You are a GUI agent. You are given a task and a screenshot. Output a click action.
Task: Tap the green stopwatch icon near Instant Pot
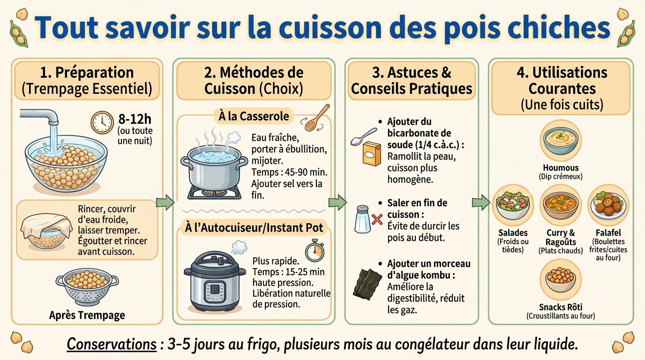tap(315, 250)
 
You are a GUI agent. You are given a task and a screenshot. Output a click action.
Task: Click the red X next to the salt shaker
tap(377, 219)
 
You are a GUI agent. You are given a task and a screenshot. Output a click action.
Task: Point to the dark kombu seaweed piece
tap(366, 284)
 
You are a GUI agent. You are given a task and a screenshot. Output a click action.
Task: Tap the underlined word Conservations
tap(111, 344)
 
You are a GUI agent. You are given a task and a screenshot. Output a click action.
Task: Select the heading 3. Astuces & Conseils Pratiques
tap(412, 81)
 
